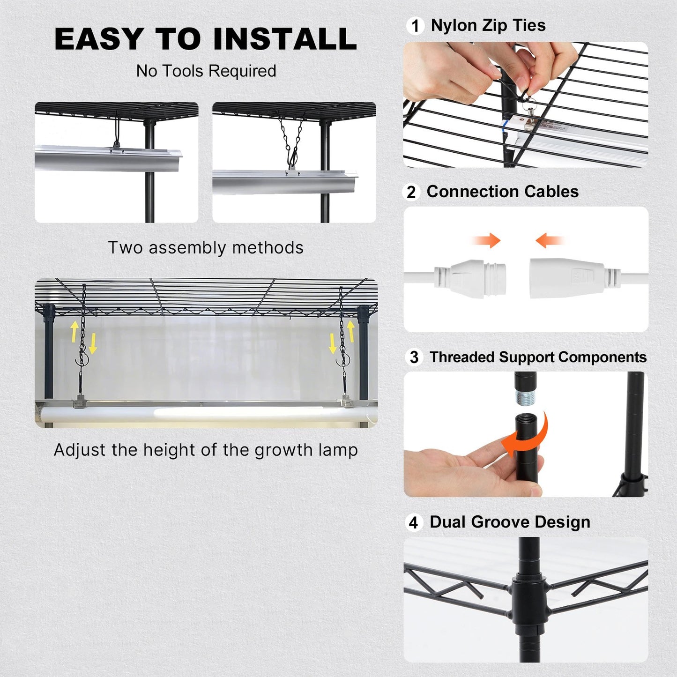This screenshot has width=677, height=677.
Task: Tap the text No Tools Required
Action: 206,71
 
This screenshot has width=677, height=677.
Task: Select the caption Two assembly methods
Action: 206,247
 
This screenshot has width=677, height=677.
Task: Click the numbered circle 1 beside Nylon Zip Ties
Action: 415,26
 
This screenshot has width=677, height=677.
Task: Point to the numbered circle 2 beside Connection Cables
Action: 411,192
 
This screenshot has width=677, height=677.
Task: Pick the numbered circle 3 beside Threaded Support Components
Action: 414,357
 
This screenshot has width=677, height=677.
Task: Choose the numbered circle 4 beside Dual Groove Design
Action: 413,522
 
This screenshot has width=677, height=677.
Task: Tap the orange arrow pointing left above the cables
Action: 549,241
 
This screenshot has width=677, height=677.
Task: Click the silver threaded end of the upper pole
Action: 525,397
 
